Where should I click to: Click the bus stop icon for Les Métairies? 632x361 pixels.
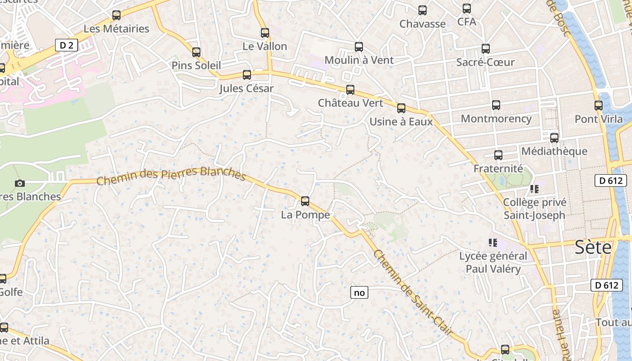tap(116, 15)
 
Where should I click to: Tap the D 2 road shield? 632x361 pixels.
tap(66, 45)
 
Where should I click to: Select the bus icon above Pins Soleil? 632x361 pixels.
tap(196, 52)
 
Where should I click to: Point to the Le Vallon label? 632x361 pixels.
tap(265, 46)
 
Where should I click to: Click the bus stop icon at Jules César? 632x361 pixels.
tap(247, 75)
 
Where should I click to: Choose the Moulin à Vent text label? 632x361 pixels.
tap(359, 60)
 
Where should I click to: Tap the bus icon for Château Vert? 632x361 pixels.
tap(350, 90)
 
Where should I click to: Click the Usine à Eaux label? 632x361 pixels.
tap(401, 122)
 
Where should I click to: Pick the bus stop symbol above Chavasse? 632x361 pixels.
tap(423, 10)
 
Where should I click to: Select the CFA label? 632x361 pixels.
tap(467, 22)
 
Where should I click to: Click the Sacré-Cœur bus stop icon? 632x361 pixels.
tap(486, 49)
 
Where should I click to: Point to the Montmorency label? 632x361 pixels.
tap(496, 119)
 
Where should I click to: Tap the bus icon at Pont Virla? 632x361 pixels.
tap(599, 106)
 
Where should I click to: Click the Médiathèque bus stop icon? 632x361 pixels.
tap(554, 138)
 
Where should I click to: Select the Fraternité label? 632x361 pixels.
tap(498, 169)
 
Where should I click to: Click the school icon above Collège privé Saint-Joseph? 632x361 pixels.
tap(534, 189)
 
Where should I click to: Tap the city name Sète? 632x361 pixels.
tap(593, 247)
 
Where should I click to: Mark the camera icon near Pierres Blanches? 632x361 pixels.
tap(19, 183)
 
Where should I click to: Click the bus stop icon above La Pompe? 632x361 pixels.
tap(305, 201)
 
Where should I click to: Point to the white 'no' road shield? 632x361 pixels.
tap(359, 293)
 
